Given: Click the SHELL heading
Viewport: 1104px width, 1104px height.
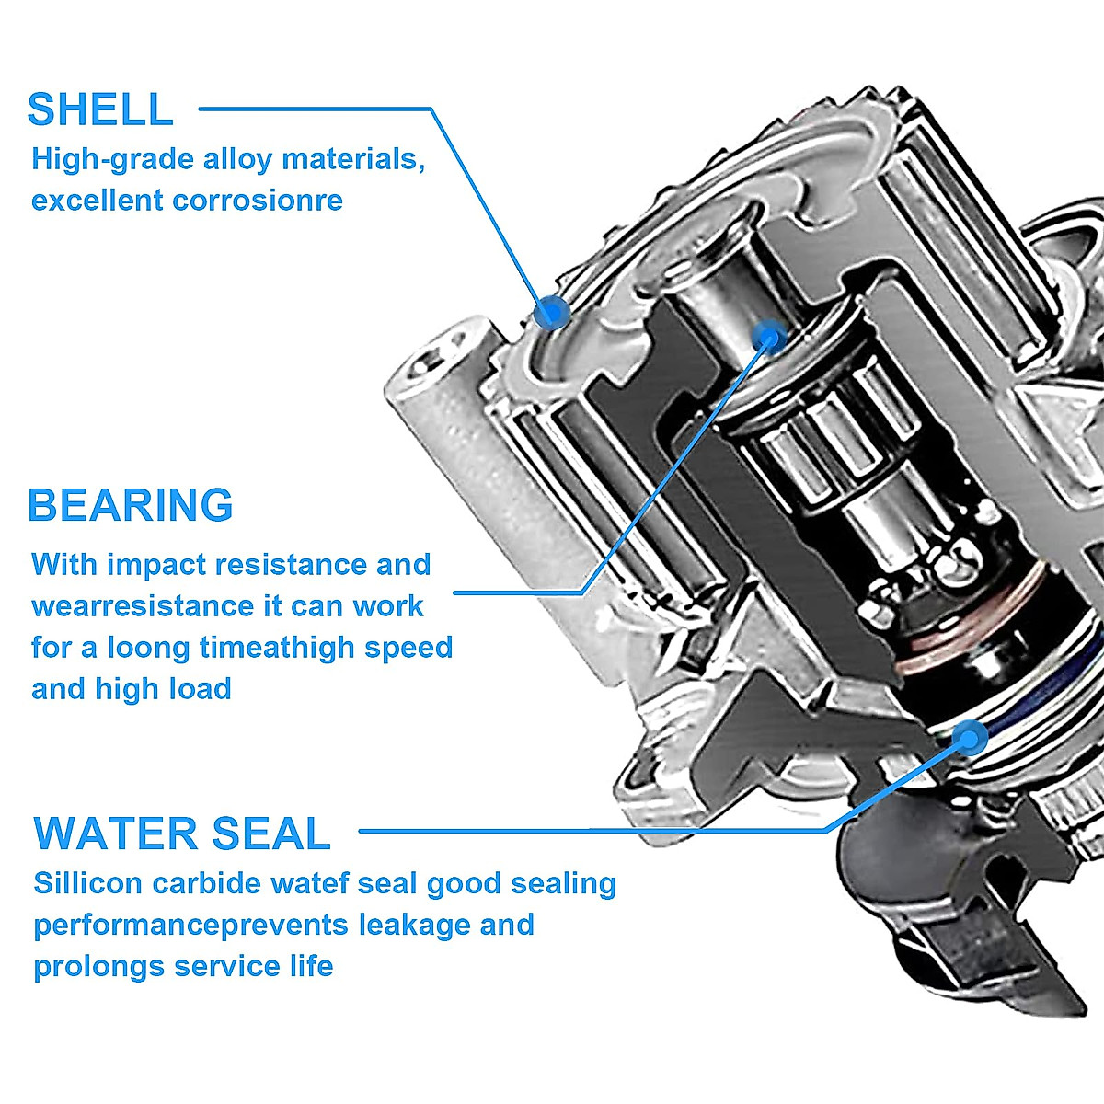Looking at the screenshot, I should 100,109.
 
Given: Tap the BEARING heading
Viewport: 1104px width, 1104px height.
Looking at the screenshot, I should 131,505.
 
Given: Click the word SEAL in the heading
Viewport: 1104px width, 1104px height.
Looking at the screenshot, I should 271,833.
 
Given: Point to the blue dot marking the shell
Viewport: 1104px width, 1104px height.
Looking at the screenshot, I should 552,311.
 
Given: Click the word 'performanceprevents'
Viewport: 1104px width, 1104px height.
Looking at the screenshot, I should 191,925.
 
